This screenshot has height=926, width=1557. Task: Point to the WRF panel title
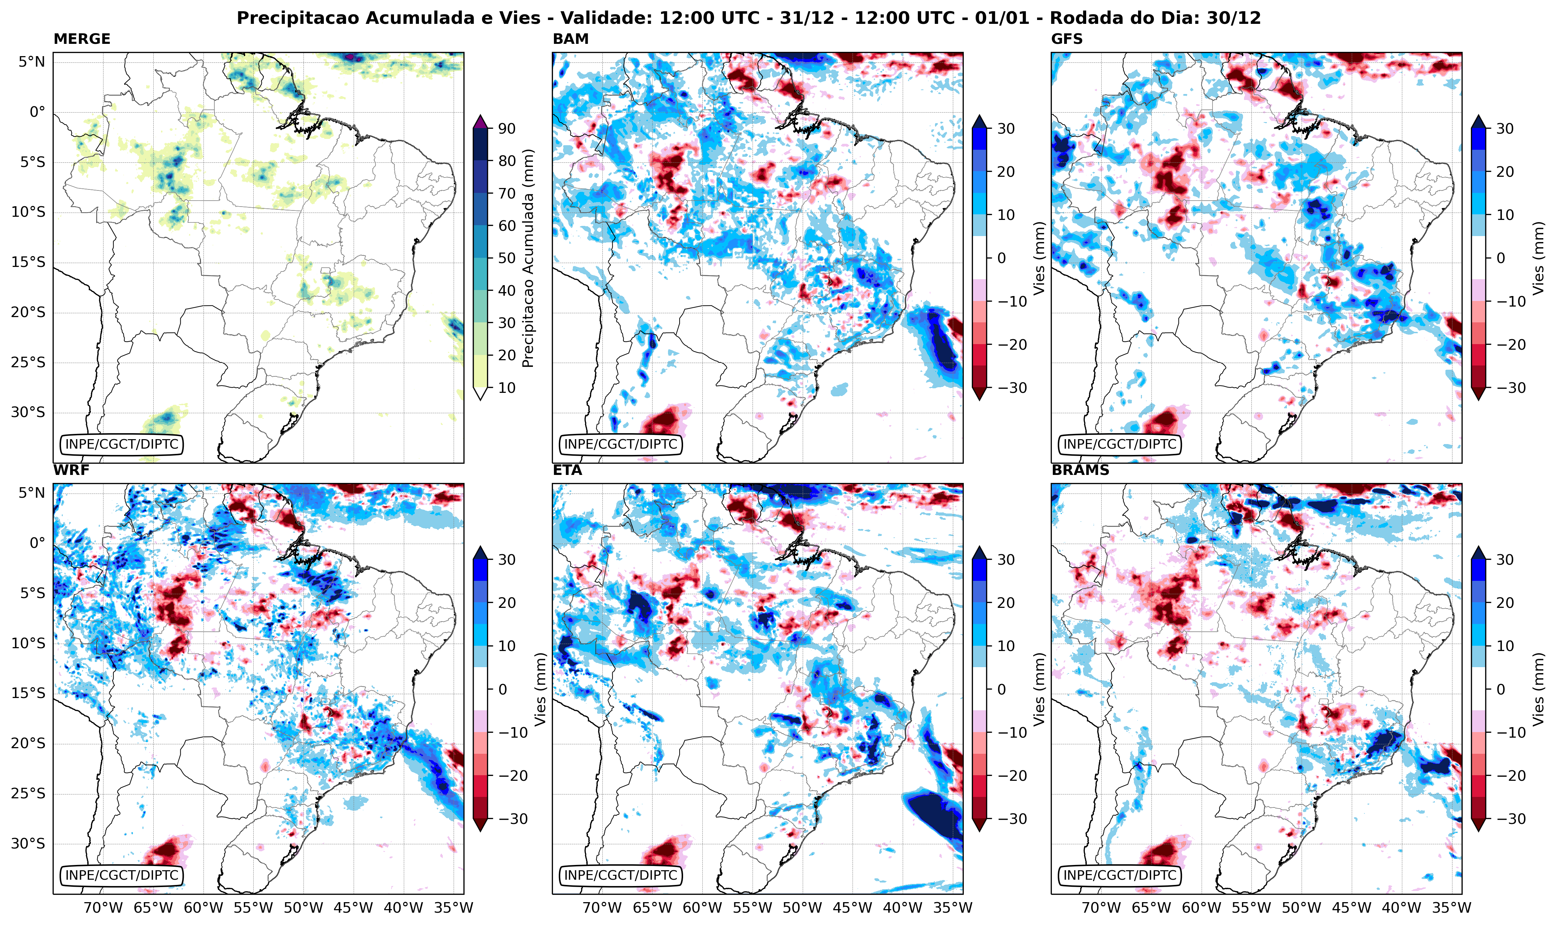tap(71, 470)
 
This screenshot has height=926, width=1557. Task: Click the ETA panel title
tap(567, 470)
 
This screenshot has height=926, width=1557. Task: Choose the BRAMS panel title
tap(1080, 470)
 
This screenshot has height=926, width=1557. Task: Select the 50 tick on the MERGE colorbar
tap(507, 258)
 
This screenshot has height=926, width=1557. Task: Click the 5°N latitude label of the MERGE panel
tap(31, 62)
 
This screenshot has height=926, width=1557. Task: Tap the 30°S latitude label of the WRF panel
tap(28, 844)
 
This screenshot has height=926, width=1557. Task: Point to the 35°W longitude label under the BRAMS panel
tap(1452, 908)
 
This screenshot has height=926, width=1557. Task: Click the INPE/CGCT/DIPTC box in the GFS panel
tap(1120, 444)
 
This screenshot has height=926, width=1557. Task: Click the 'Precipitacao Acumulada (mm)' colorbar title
tap(528, 258)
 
